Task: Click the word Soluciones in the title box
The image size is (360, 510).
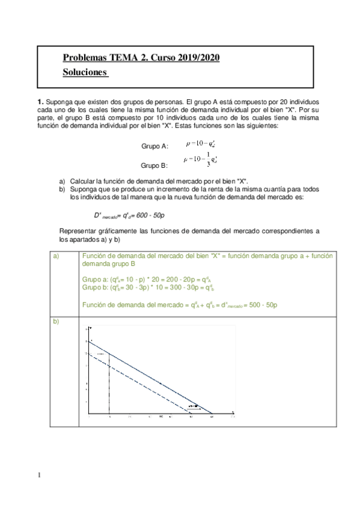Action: (x=85, y=72)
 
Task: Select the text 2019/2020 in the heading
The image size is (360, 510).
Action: (x=198, y=58)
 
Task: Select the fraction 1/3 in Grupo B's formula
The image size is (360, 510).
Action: (x=208, y=158)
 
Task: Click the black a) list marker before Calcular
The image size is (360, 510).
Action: (x=63, y=181)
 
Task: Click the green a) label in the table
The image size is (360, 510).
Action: (x=56, y=256)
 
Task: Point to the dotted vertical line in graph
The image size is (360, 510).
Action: (x=109, y=385)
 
